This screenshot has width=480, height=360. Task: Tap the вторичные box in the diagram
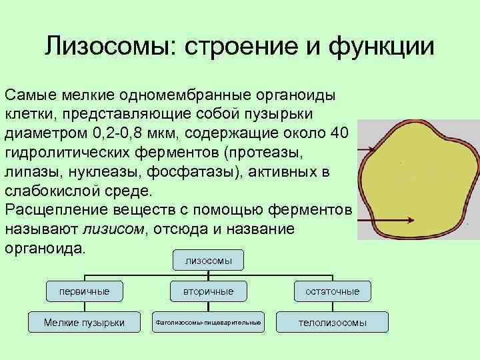click(208, 291)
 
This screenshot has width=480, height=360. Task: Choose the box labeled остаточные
click(332, 291)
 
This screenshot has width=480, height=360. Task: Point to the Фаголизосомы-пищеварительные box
click(208, 322)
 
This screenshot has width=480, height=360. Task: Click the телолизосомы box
click(332, 322)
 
